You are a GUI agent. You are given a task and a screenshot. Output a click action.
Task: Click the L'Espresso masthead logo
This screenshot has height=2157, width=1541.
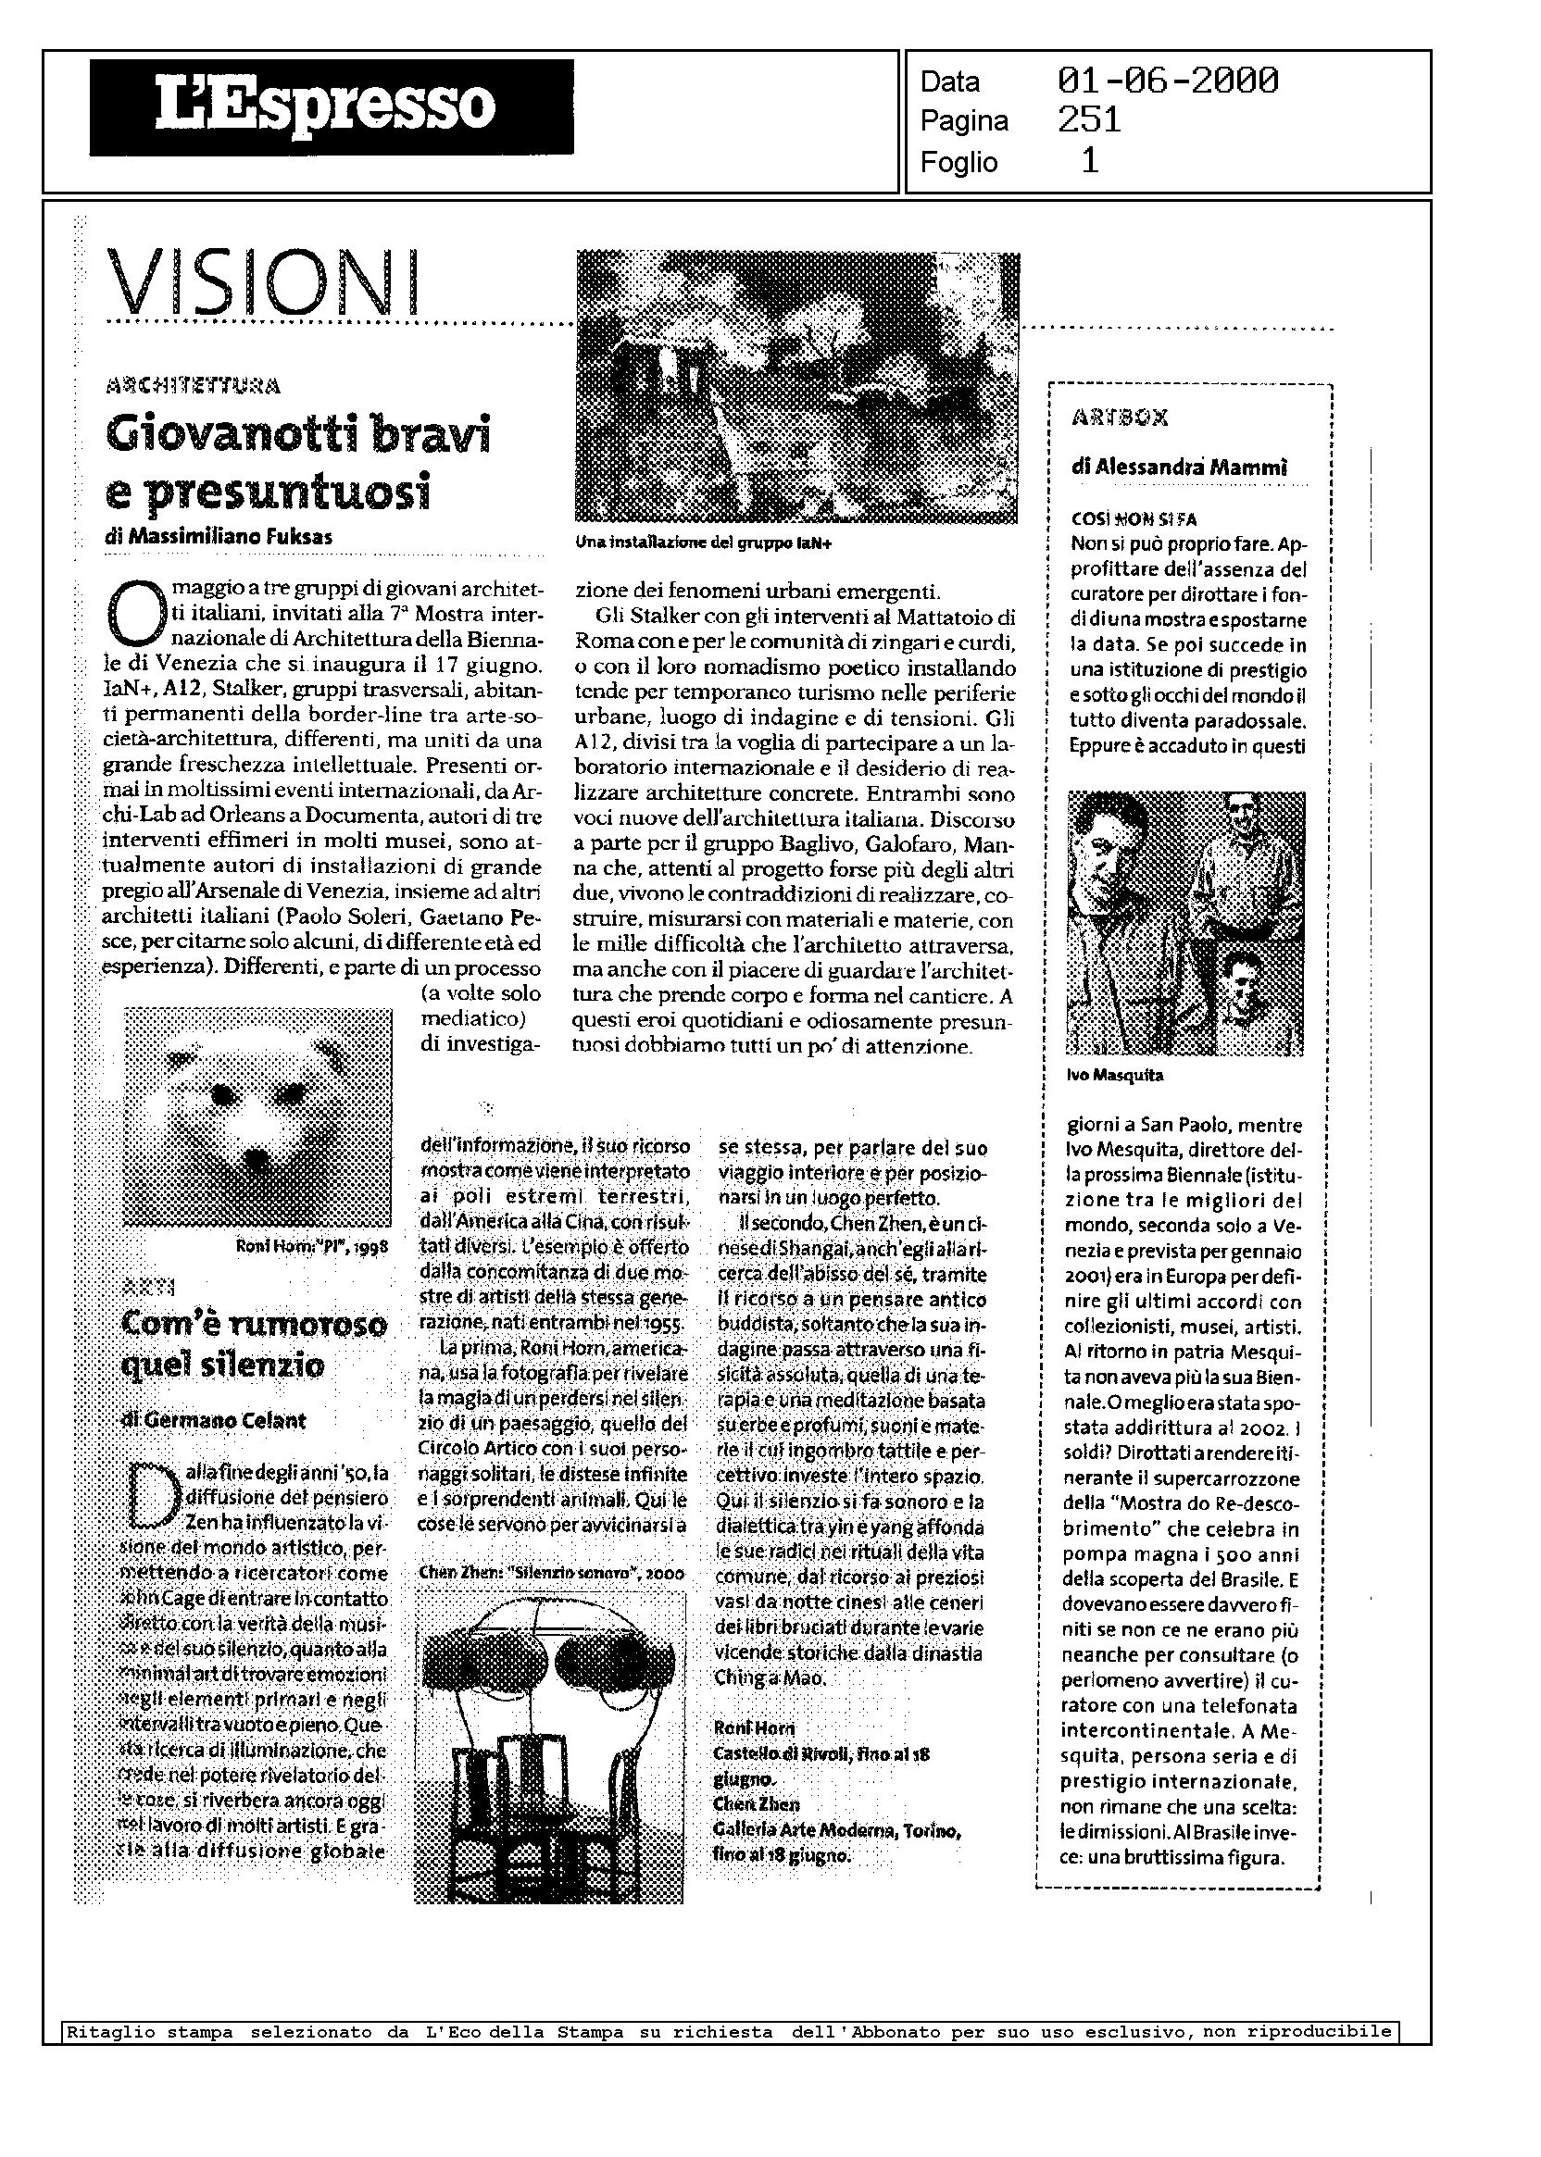pyautogui.click(x=332, y=107)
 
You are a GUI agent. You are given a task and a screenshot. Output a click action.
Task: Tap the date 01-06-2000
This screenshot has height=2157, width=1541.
pyautogui.click(x=1167, y=81)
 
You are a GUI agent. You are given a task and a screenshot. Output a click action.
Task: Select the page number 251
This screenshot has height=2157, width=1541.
pyautogui.click(x=1089, y=120)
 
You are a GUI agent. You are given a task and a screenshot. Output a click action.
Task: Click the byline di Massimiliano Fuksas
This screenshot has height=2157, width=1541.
pyautogui.click(x=219, y=537)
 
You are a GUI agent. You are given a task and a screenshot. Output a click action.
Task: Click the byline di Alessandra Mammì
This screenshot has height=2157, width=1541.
pyautogui.click(x=1179, y=467)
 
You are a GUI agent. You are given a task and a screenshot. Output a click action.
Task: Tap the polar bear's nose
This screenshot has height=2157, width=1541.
pyautogui.click(x=257, y=1158)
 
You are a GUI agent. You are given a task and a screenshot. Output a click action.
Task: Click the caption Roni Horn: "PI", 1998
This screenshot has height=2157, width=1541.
pyautogui.click(x=312, y=1247)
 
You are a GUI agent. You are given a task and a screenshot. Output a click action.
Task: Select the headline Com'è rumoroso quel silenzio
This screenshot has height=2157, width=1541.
pyautogui.click(x=255, y=1344)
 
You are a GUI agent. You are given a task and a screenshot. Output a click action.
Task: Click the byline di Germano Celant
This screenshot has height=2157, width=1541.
pyautogui.click(x=215, y=1420)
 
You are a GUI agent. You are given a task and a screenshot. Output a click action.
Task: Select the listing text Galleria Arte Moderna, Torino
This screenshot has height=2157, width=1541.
pyautogui.click(x=837, y=1830)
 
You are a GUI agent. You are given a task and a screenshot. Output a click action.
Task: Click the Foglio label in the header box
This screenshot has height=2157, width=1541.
pyautogui.click(x=958, y=163)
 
